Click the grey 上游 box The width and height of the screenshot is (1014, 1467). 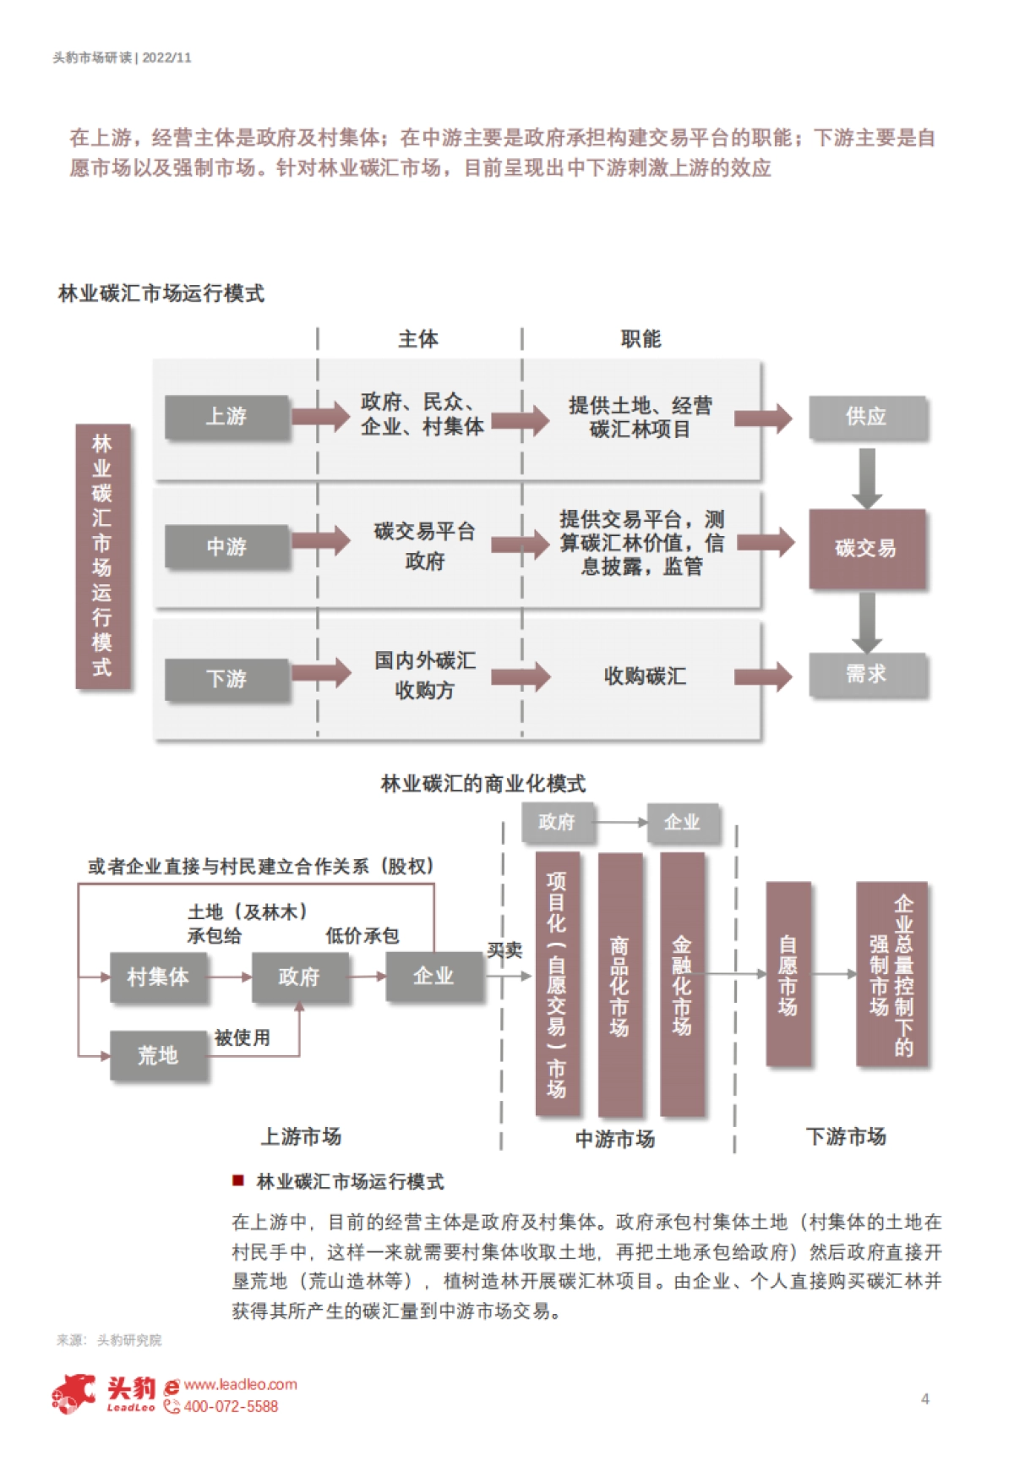click(226, 417)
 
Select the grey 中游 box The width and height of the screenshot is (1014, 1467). click(226, 547)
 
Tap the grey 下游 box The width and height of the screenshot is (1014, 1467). click(226, 679)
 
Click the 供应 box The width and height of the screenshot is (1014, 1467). click(867, 417)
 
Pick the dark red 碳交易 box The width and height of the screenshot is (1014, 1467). click(867, 549)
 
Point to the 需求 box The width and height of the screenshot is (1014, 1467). click(867, 675)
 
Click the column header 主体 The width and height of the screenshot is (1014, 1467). click(418, 339)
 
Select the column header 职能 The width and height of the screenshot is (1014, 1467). click(641, 339)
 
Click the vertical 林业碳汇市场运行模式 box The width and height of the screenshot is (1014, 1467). click(102, 556)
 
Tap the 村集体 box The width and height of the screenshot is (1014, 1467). click(158, 977)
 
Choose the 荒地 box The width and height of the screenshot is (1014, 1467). click(158, 1055)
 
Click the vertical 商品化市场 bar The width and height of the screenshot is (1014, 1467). click(619, 985)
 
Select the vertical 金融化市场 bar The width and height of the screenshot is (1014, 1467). click(682, 985)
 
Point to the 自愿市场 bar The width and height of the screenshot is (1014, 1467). click(788, 974)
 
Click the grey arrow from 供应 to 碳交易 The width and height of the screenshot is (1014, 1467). click(867, 477)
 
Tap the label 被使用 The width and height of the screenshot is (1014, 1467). click(243, 1037)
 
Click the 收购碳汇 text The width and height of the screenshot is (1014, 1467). click(645, 676)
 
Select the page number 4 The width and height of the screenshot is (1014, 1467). click(925, 1399)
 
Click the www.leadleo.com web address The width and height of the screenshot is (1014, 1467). click(240, 1384)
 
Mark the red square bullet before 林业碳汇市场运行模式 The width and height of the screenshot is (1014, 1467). click(238, 1180)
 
